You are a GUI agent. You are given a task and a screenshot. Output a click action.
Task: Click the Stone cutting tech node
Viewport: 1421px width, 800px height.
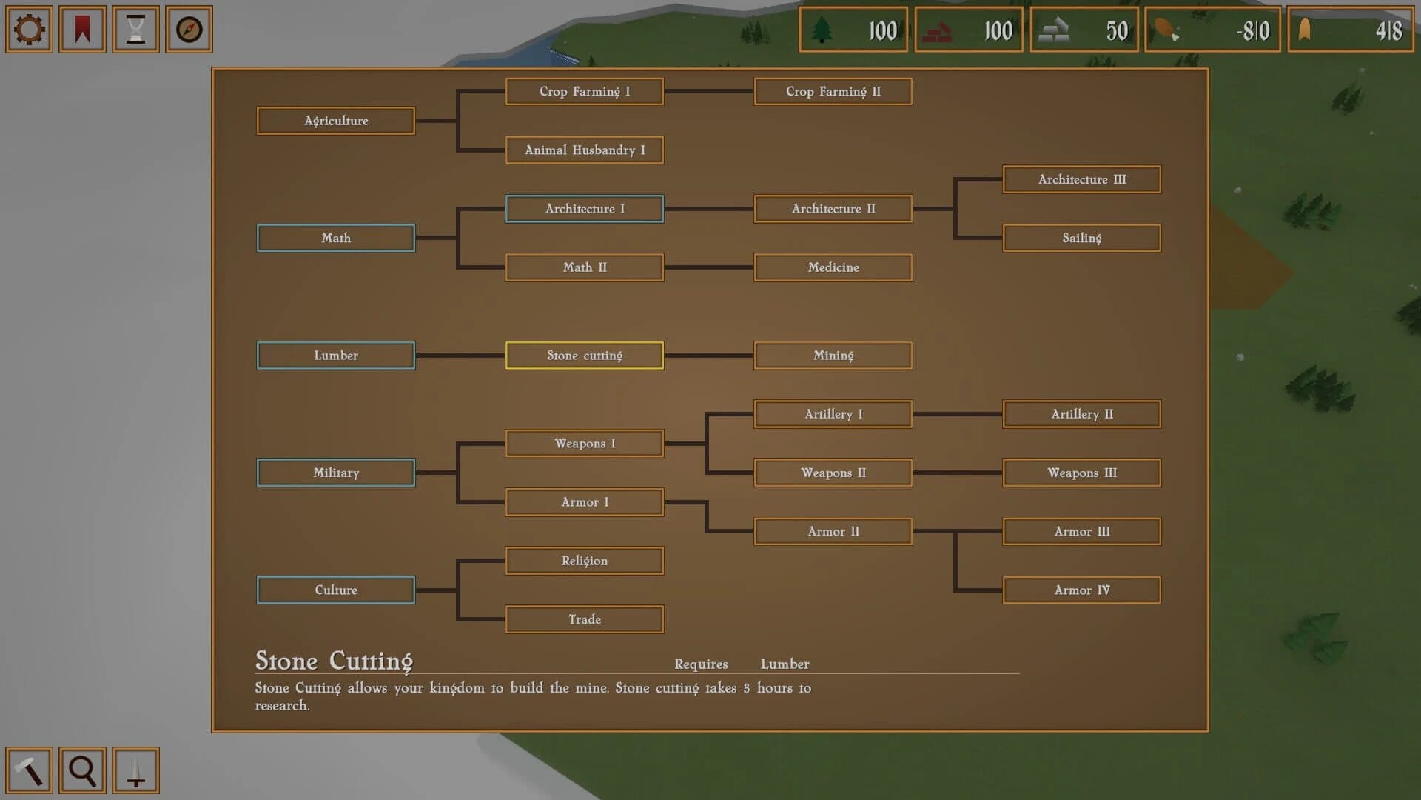pos(584,356)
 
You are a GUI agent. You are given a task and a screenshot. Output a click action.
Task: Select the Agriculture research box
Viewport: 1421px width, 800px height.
pos(335,121)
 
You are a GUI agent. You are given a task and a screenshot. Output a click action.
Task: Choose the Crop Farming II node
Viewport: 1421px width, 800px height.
pos(833,91)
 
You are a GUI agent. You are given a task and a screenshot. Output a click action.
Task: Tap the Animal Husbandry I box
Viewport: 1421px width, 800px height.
pos(584,150)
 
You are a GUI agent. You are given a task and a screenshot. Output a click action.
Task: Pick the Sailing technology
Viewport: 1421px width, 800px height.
pos(1081,238)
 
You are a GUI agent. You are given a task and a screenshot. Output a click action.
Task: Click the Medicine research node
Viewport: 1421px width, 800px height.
pos(833,267)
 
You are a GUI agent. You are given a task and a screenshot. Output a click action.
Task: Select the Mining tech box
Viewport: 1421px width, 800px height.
pos(833,356)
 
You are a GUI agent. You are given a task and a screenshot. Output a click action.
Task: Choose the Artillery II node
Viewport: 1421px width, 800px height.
pos(1081,414)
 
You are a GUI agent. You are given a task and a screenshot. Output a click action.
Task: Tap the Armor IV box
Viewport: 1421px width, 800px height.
pos(1081,590)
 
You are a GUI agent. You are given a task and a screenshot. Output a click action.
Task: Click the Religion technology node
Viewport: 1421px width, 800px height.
pos(584,561)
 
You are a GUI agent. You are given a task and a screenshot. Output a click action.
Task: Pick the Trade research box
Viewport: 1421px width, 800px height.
pos(584,619)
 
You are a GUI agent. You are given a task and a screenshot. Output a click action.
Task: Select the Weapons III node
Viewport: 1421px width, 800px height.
pos(1081,473)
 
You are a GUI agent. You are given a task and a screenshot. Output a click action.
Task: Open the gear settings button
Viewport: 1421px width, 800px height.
pos(29,30)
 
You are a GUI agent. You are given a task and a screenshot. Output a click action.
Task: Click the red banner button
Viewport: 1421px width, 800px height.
pos(82,30)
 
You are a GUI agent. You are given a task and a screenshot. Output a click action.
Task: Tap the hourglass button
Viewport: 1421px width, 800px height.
pos(135,30)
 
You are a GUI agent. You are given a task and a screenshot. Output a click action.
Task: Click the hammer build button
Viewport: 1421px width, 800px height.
pos(29,770)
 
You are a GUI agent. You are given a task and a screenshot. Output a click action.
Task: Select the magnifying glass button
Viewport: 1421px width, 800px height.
pos(82,770)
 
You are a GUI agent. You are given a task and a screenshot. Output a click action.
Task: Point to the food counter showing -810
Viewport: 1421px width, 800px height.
pos(1212,30)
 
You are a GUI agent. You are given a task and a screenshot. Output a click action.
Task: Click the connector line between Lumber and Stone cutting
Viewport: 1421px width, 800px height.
pos(460,356)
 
